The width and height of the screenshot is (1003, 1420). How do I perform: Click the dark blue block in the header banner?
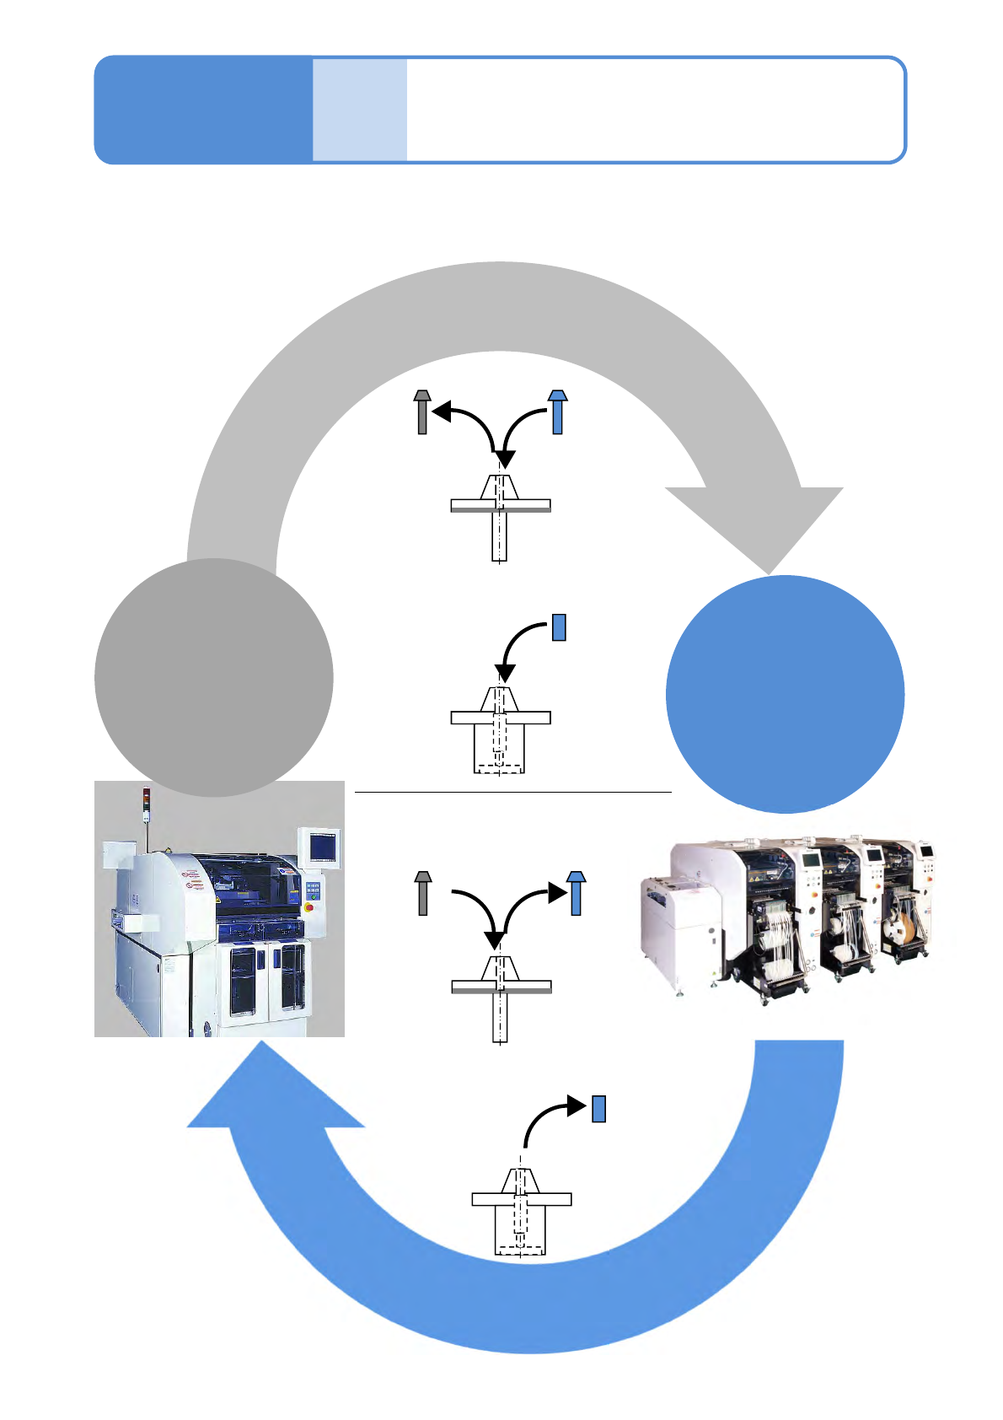(x=203, y=110)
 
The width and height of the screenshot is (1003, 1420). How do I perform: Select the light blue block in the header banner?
(x=360, y=110)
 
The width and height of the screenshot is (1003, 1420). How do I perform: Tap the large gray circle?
(x=213, y=677)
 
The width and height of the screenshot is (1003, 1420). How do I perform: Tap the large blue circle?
(x=785, y=694)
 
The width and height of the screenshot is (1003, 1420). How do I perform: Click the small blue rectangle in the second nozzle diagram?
(x=558, y=627)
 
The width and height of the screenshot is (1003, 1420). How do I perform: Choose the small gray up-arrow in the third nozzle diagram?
(x=423, y=893)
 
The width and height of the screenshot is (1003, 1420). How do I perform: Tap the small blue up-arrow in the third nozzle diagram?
(x=576, y=893)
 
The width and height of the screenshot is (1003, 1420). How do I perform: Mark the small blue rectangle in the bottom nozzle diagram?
(x=598, y=1108)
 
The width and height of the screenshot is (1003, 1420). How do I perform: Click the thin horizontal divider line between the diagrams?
(x=512, y=793)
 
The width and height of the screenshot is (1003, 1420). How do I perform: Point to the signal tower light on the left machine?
(x=145, y=797)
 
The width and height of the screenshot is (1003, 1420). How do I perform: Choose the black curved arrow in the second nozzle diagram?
(x=518, y=645)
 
